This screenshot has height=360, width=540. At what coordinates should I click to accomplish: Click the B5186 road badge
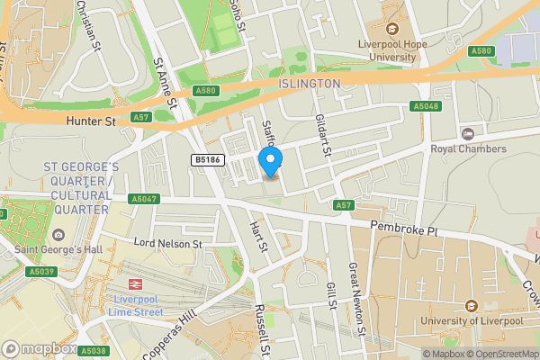206,160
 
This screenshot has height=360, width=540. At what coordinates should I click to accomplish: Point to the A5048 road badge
426,106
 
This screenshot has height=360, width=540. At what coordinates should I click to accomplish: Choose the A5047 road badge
143,199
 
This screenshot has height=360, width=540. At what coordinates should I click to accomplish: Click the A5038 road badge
92,351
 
